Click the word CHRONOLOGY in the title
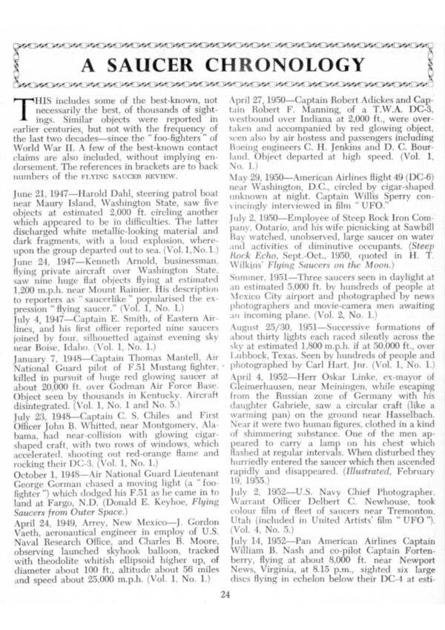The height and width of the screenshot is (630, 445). [x=293, y=64]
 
